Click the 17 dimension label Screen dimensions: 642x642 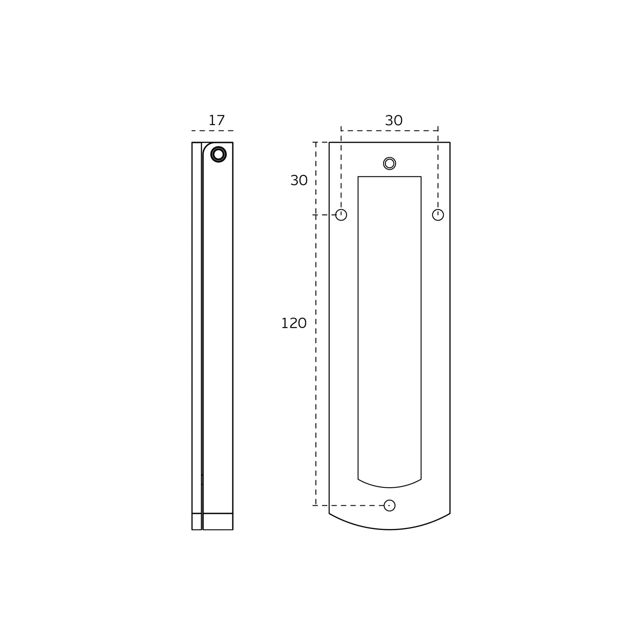tap(216, 121)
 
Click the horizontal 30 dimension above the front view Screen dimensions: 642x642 tap(394, 121)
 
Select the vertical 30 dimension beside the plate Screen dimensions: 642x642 tap(299, 180)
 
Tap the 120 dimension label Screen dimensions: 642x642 tap(294, 323)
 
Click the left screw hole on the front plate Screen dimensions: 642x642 tap(341, 215)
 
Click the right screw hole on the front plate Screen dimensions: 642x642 tap(438, 215)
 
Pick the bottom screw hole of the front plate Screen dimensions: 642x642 tap(389, 505)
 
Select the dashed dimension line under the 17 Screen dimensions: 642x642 tap(212, 131)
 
